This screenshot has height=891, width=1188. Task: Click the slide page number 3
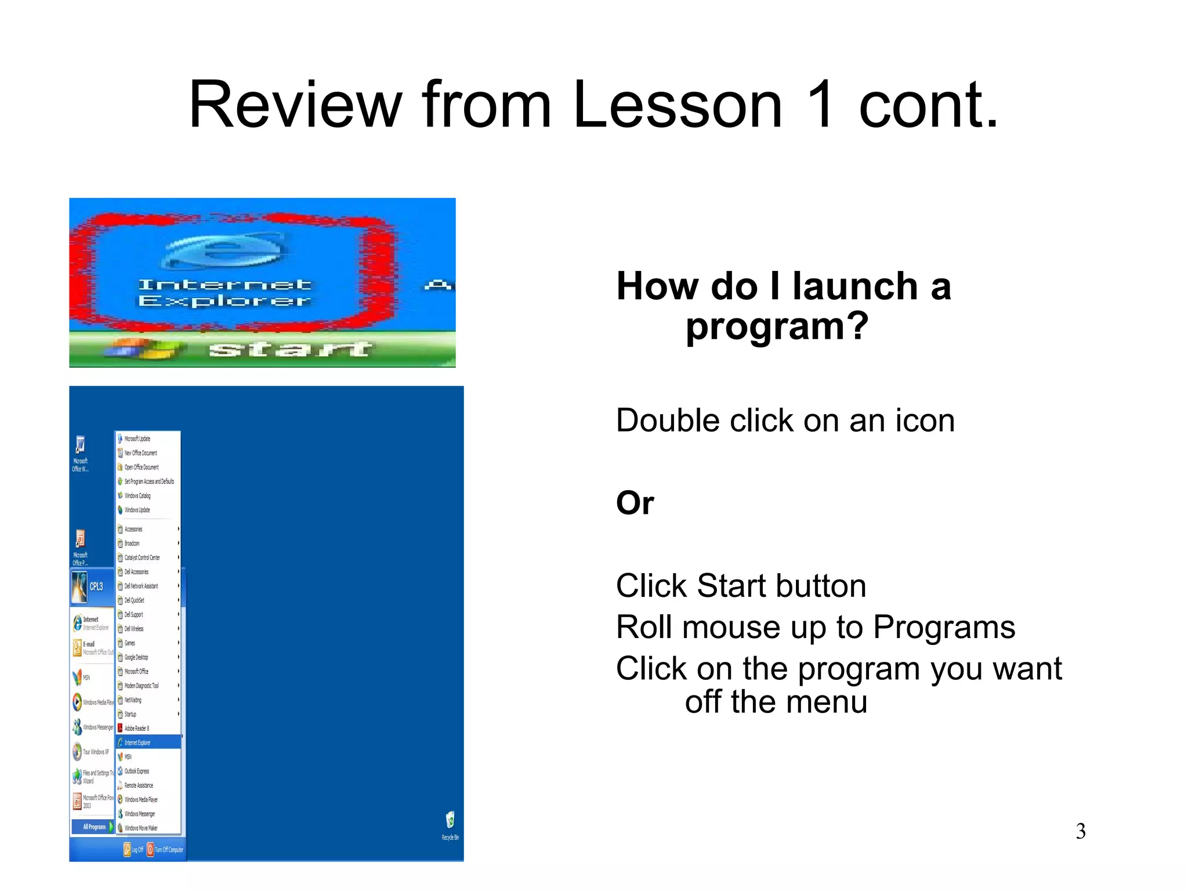pos(1080,831)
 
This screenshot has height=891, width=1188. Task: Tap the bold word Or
pos(635,502)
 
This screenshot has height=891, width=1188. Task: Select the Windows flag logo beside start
pos(145,349)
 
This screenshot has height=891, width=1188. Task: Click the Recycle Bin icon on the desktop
pos(450,820)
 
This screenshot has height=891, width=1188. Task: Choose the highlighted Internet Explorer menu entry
pos(148,742)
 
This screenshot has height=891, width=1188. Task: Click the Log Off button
pos(133,850)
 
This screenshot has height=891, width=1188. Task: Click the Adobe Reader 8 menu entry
pos(137,728)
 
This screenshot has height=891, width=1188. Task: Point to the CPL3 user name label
pos(96,586)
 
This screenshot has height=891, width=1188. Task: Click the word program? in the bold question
pos(777,327)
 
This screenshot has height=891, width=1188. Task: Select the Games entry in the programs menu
pos(130,643)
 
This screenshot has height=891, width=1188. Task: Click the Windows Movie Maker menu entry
pos(141,828)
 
